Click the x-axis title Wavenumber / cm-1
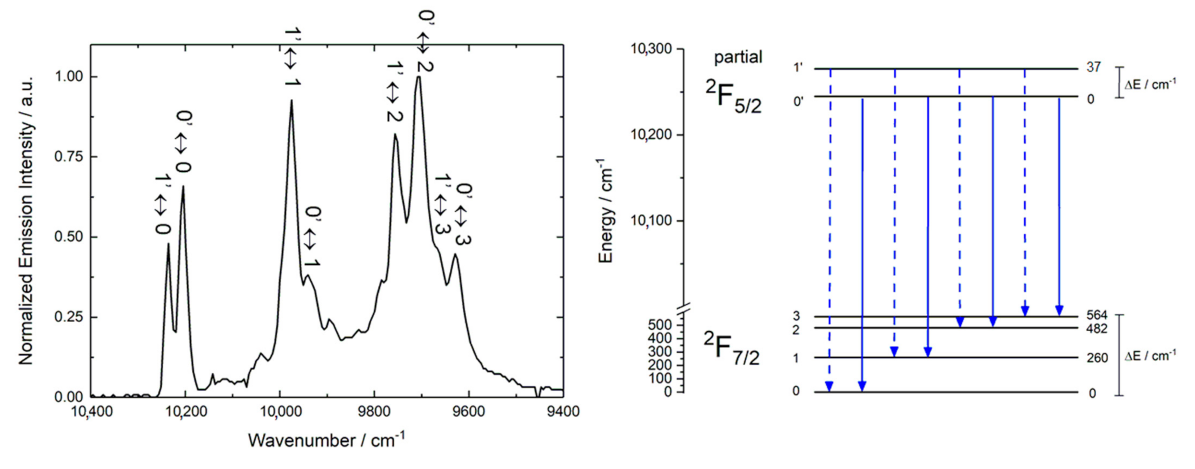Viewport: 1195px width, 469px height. point(327,440)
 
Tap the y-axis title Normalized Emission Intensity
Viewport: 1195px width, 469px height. point(26,220)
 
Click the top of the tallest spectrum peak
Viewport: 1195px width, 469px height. point(419,77)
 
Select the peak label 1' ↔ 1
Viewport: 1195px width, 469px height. point(292,58)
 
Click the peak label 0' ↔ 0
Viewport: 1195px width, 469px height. point(183,143)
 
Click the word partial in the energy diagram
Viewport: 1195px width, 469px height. point(738,57)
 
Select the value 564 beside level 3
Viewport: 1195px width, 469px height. point(1097,316)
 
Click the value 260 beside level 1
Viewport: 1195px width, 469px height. point(1097,358)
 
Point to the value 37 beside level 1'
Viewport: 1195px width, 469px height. point(1093,68)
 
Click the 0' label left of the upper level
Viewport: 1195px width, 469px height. point(799,101)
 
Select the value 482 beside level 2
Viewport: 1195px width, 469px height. point(1097,329)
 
